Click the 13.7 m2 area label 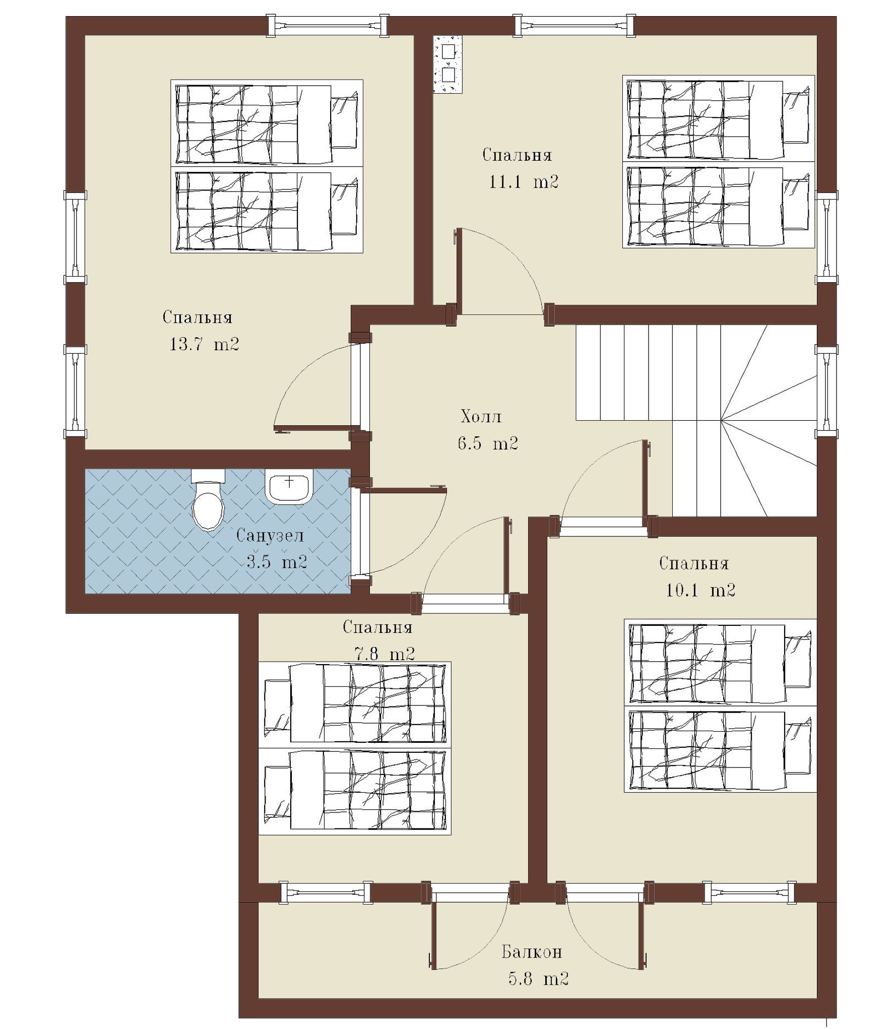[204, 344]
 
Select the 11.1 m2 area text [524, 181]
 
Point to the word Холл [481, 417]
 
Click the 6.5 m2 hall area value [488, 443]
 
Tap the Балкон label [532, 952]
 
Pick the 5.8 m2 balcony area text [538, 979]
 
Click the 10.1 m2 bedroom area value [700, 590]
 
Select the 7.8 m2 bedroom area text [385, 654]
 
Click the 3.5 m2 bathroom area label [277, 562]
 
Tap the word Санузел [270, 535]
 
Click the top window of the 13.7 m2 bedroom [328, 25]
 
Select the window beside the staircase [826, 391]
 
